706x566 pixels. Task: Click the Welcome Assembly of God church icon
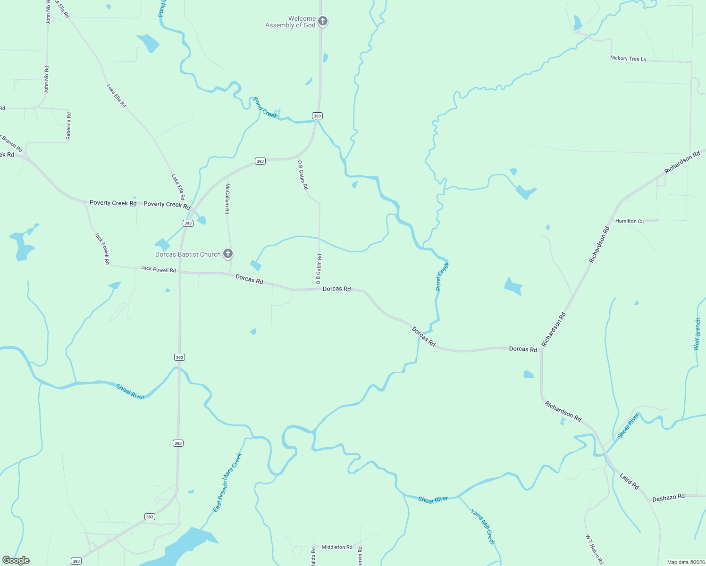[x=323, y=21]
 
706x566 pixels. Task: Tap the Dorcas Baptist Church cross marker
[x=228, y=254]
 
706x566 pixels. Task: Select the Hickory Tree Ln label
[x=628, y=58]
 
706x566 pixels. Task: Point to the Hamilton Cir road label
[x=630, y=221]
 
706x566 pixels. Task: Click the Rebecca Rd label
[x=68, y=125]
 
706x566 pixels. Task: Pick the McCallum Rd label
[x=227, y=199]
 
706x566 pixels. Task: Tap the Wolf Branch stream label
[x=697, y=334]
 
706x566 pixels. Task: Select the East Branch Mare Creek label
[x=227, y=483]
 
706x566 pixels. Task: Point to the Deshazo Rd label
[x=668, y=497]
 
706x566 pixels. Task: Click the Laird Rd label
[x=629, y=481]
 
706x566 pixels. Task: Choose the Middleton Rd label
[x=337, y=547]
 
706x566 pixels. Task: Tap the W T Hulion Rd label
[x=595, y=549]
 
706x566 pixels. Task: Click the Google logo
[x=16, y=560]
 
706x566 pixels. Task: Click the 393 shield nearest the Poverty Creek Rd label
[x=188, y=223]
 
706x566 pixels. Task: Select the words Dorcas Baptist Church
[x=188, y=254]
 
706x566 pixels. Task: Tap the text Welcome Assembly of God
[x=290, y=22]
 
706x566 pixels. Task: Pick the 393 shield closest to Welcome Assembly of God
[x=317, y=116]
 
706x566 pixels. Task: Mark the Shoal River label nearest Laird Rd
[x=628, y=426]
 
